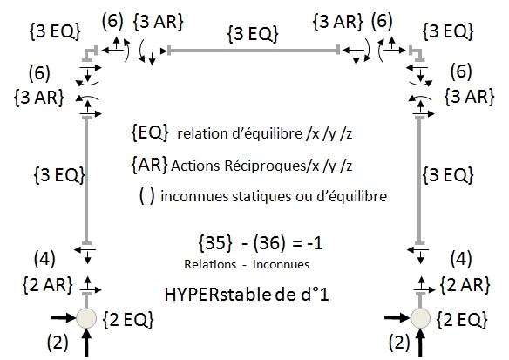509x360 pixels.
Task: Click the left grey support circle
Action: [86, 318]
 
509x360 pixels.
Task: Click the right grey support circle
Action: [420, 318]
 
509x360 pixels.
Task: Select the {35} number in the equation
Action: [215, 243]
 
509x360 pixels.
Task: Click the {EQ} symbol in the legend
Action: [150, 132]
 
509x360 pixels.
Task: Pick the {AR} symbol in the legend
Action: [149, 164]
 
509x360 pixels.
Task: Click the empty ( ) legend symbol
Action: [147, 195]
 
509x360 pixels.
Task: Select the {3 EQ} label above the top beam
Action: [253, 34]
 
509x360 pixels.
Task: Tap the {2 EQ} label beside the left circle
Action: [128, 320]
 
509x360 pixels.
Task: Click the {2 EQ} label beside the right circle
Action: [462, 319]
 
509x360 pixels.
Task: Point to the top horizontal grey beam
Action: [254, 51]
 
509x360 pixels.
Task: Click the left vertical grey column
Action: [86, 180]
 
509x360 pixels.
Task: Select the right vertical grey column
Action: [420, 180]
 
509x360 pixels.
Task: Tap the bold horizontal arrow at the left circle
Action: [63, 318]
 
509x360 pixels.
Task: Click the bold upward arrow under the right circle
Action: [420, 343]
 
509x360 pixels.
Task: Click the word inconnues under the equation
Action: [282, 264]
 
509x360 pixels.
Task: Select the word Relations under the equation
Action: [210, 264]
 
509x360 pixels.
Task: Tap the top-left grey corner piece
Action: [90, 52]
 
